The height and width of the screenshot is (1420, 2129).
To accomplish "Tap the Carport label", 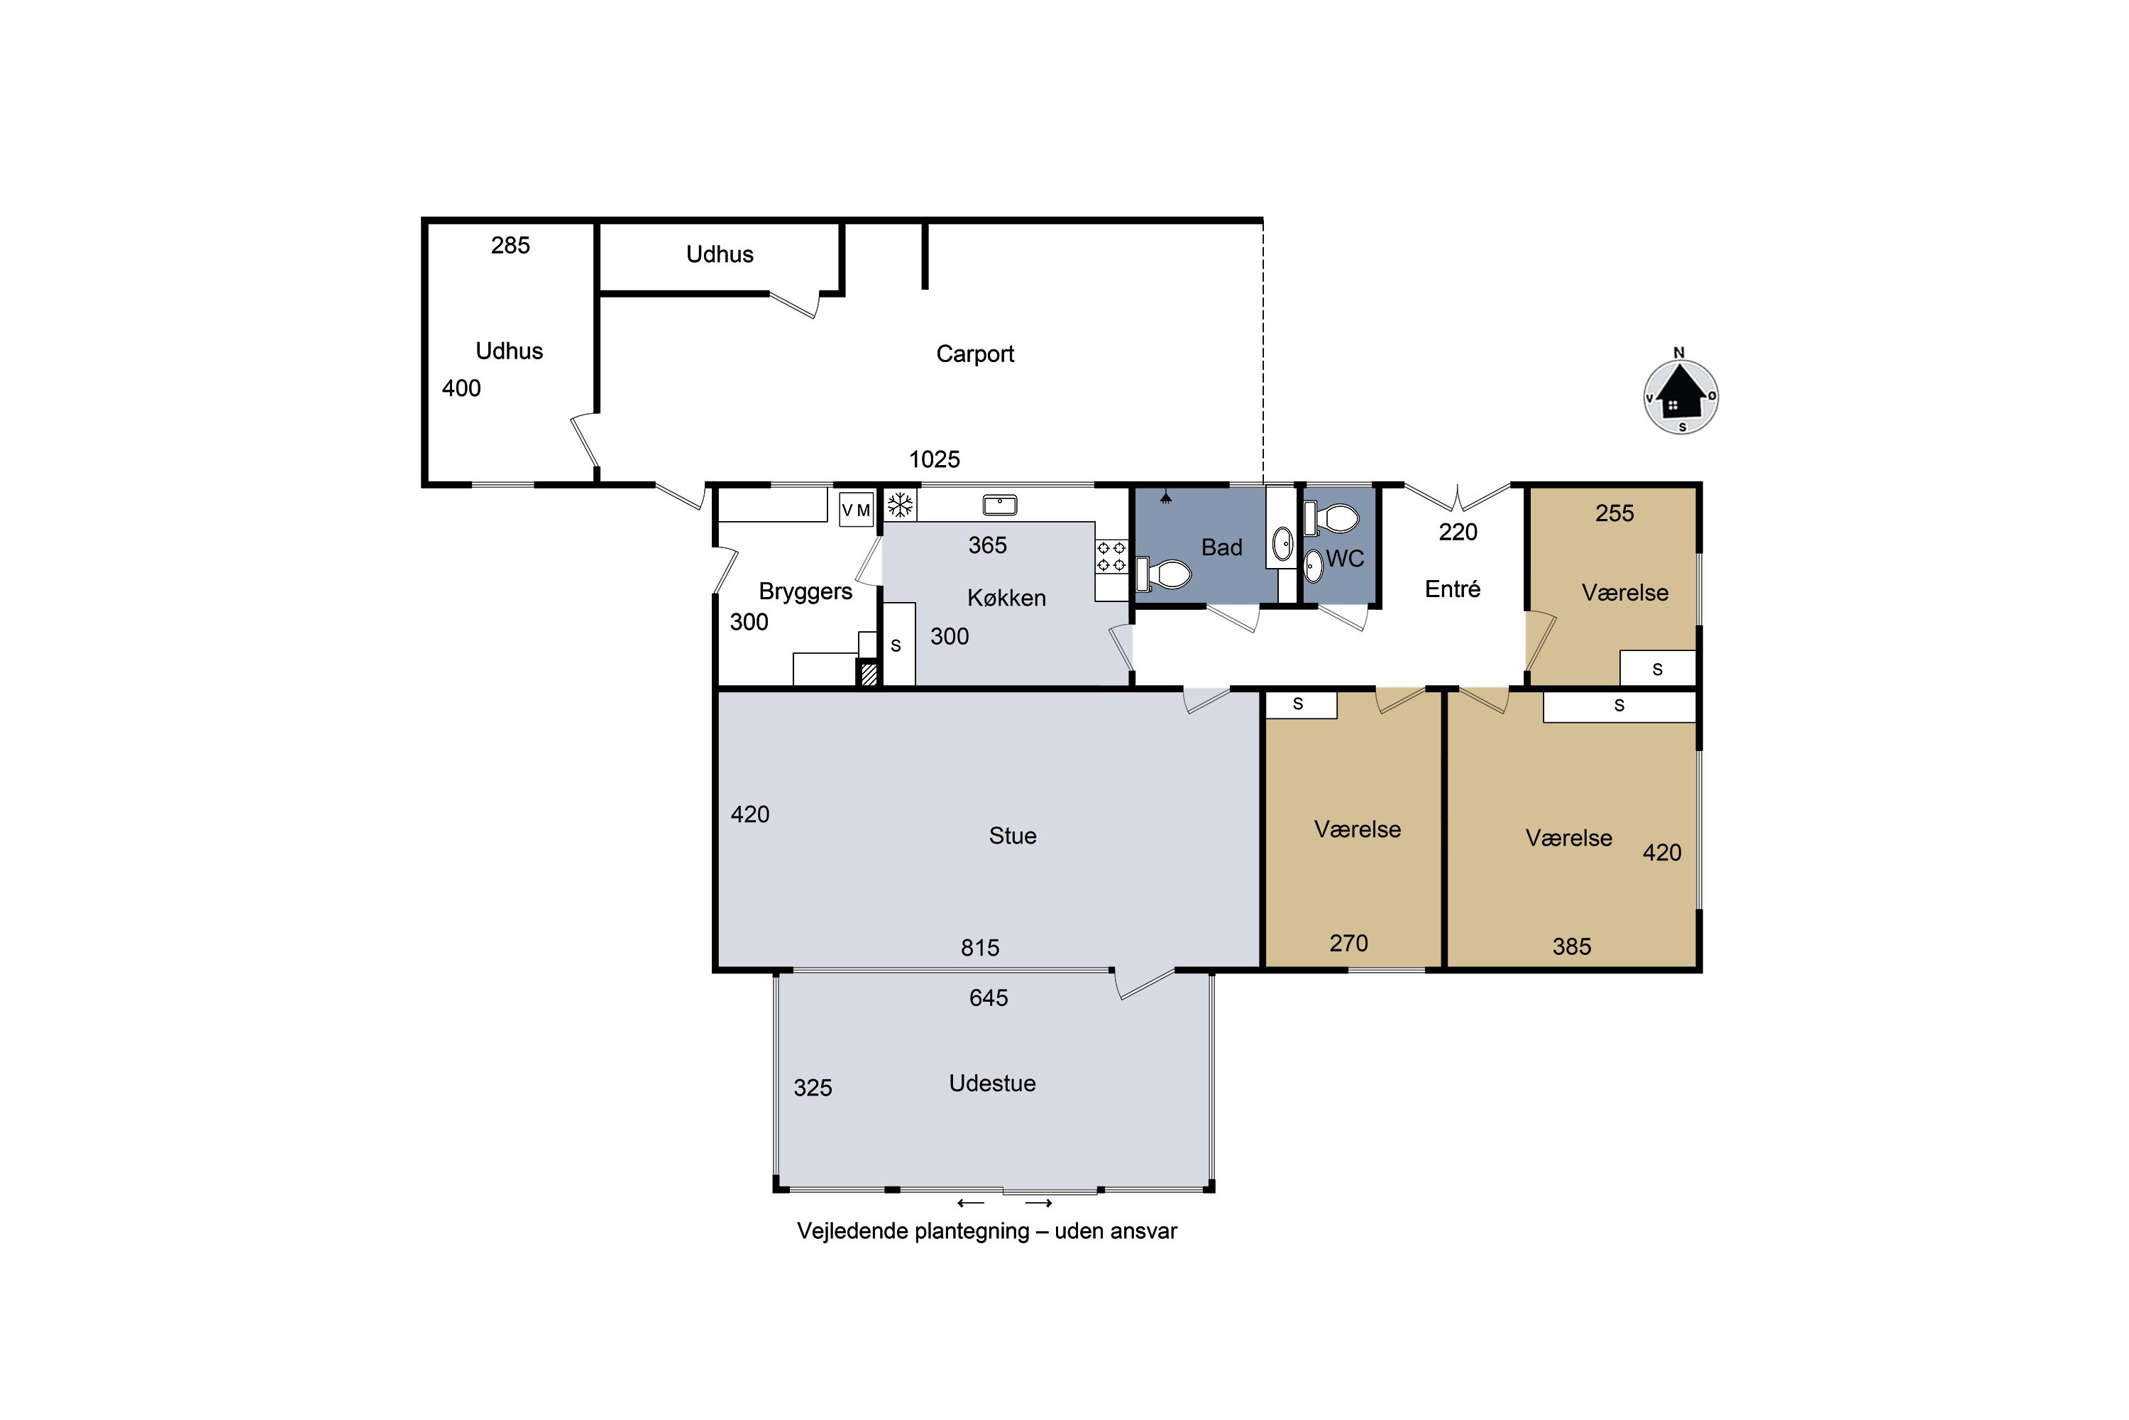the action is point(975,354).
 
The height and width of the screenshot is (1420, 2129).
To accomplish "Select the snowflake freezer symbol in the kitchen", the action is point(900,506).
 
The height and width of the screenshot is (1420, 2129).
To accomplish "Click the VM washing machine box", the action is point(857,510).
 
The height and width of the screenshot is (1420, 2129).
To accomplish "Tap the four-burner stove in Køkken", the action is point(1111,556).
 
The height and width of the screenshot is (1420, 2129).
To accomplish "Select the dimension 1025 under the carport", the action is point(934,459).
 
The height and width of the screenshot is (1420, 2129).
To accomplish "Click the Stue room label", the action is point(1012,835).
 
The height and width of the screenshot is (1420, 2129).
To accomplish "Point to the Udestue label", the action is point(992,1083).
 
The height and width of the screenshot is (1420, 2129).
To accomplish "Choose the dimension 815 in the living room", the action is point(980,947).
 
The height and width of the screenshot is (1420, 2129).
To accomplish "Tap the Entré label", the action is point(1452,589).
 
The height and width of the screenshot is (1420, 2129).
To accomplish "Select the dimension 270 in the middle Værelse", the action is point(1349,943).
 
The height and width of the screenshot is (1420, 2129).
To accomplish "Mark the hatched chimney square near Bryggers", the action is point(868,674).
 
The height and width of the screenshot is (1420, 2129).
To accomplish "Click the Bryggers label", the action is point(805,591).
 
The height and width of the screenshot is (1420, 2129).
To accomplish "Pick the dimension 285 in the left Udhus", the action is point(510,246).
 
